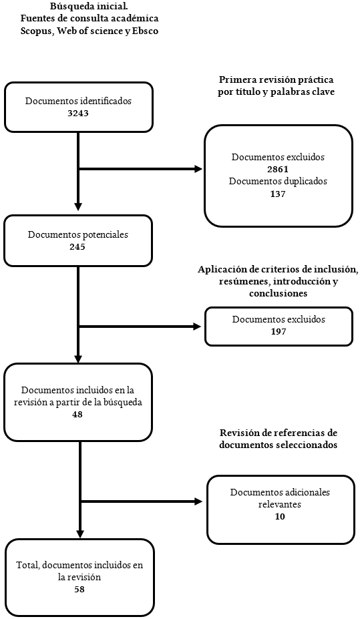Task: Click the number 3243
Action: pos(78,113)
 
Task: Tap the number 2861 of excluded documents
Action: pos(278,169)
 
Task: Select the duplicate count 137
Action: pos(278,194)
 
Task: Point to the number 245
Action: pos(77,246)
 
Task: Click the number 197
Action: pos(278,331)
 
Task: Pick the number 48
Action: pos(78,414)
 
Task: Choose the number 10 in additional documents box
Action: pos(280,517)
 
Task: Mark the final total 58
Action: pos(79,590)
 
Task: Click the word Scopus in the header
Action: pos(35,31)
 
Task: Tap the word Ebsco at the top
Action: pos(144,31)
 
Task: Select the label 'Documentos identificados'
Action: pos(78,101)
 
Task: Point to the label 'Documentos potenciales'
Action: pos(78,234)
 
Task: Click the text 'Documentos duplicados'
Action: pos(278,181)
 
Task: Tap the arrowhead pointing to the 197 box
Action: pos(197,327)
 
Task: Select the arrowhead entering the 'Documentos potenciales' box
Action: pos(78,206)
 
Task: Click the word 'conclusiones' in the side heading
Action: pos(278,292)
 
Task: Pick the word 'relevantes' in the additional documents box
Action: pos(280,504)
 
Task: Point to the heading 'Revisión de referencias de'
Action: pos(278,433)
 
